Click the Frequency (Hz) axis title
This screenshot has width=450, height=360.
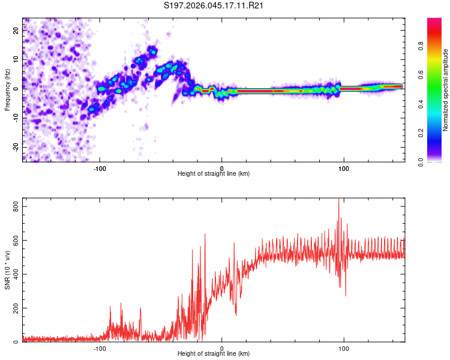coord(7,90)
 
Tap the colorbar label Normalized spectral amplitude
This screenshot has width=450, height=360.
coord(446,90)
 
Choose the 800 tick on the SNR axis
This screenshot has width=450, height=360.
coord(14,206)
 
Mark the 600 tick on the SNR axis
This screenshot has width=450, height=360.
coord(14,240)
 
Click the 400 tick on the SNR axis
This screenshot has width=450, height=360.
coord(14,274)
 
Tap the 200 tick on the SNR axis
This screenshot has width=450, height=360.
coord(14,308)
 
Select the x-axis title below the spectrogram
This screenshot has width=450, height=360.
coord(214,174)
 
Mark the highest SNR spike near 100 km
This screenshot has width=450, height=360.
coord(339,200)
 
